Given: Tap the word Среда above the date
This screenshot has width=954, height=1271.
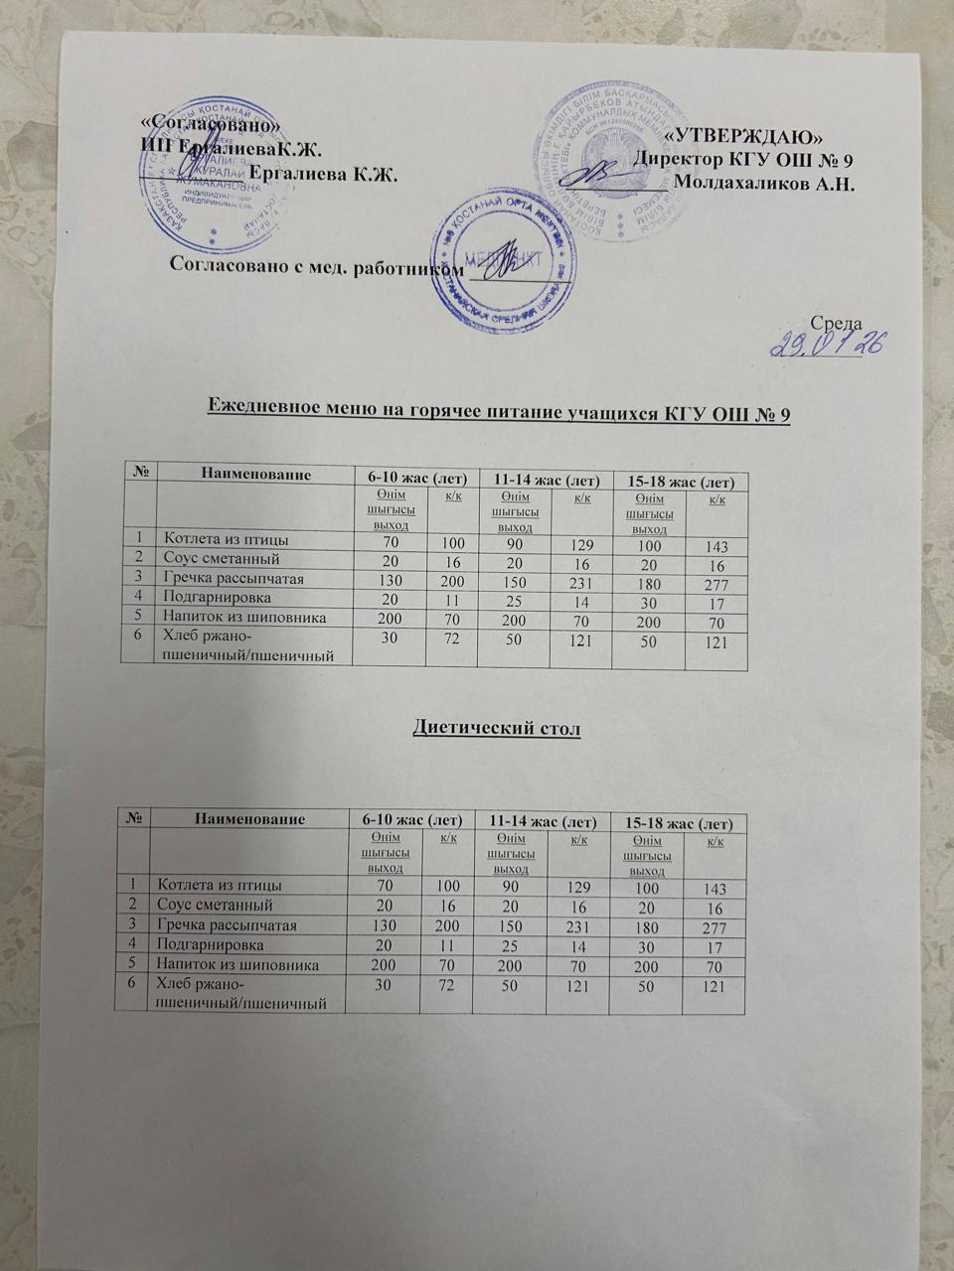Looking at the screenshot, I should pos(837,323).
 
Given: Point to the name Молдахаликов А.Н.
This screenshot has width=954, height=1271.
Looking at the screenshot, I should pos(764,184).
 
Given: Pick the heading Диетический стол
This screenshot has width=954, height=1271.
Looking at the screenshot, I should pos(496,728).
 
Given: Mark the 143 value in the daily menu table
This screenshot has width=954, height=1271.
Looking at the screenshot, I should pos(715,546).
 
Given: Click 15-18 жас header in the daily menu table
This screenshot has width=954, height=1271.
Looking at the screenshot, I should pos(682,482).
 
